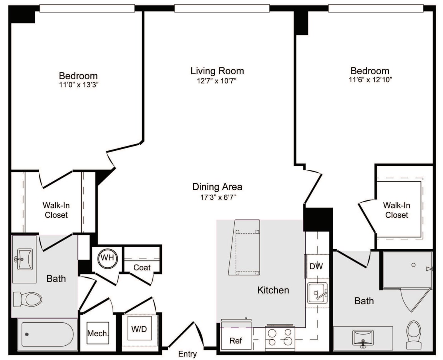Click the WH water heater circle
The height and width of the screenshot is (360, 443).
(x=107, y=258)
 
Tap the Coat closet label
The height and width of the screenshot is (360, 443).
(x=142, y=267)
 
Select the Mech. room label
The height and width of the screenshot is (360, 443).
(x=98, y=333)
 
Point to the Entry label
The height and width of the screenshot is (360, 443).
(x=187, y=354)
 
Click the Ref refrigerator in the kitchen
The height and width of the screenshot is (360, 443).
(x=236, y=340)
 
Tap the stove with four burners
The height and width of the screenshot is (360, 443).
(x=279, y=337)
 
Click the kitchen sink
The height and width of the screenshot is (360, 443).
(x=317, y=293)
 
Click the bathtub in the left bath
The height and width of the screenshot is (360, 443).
(x=47, y=334)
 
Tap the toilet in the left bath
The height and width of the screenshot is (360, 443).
(x=27, y=299)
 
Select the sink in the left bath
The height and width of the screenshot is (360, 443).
(x=25, y=259)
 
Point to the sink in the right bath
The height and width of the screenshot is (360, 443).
(x=362, y=338)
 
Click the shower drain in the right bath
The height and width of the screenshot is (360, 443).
(x=413, y=265)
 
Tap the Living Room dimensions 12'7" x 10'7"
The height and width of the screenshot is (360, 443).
(x=217, y=81)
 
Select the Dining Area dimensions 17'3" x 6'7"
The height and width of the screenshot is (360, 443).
(x=217, y=197)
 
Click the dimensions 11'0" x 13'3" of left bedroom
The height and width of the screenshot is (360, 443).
(x=78, y=85)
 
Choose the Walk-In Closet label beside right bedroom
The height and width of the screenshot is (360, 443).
(x=397, y=210)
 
